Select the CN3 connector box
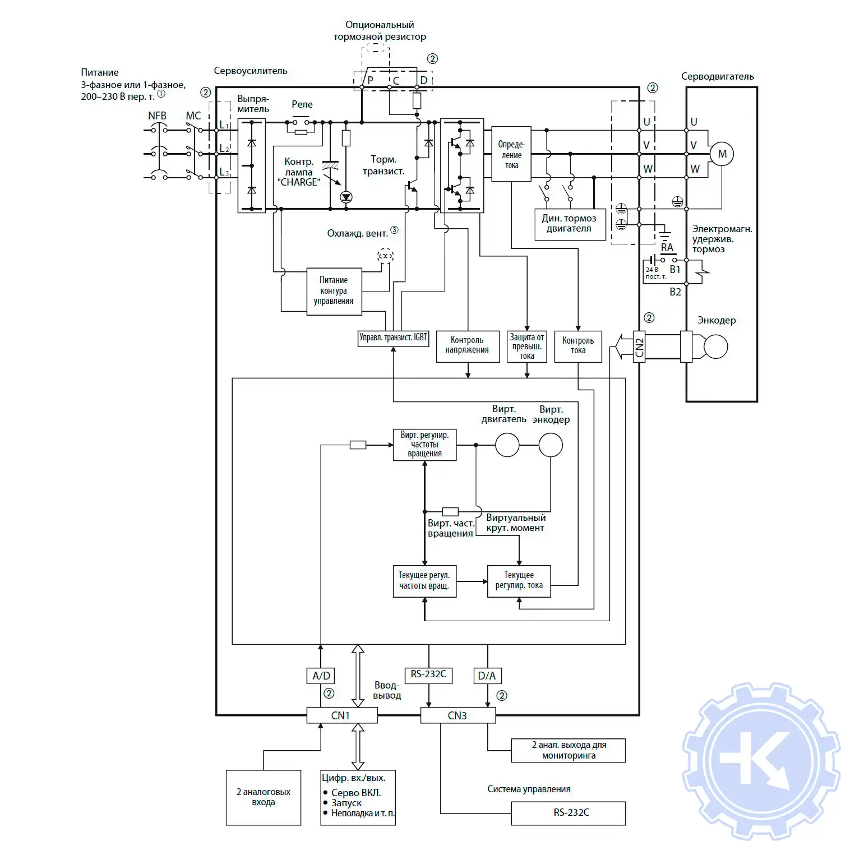coord(458,715)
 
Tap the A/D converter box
coord(321,676)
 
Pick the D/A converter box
coord(487,676)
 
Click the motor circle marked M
coord(722,154)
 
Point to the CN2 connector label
coord(639,347)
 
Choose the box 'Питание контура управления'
coord(334,291)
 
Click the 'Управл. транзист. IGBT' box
coord(393,338)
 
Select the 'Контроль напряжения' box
coord(468,345)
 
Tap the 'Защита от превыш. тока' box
coord(526,346)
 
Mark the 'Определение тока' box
coord(511,154)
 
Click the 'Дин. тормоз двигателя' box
coord(570,224)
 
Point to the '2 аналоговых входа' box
coord(264,797)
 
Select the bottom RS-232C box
coord(568,813)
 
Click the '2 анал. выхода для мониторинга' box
coord(568,750)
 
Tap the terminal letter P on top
coord(370,80)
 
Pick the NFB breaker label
coord(157,116)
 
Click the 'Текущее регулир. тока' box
coord(519,581)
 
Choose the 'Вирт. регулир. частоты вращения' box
coord(424,445)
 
